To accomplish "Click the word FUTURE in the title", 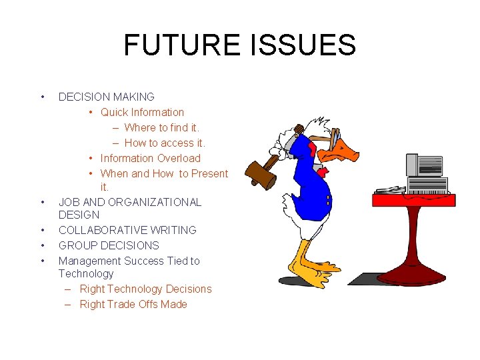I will coord(182,45).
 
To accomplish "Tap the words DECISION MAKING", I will coord(107,97).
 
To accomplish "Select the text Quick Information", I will coord(142,112).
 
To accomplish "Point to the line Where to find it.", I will coord(161,127).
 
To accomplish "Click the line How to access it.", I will coord(165,143).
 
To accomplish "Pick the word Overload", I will coord(178,158).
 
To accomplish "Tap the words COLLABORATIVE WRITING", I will coord(127,230).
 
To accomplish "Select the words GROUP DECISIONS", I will coord(109,245).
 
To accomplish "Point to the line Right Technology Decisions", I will coord(145,289).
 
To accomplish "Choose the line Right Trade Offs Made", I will coord(133,304).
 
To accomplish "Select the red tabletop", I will coord(413,199).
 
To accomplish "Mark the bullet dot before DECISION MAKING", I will coord(43,97).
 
